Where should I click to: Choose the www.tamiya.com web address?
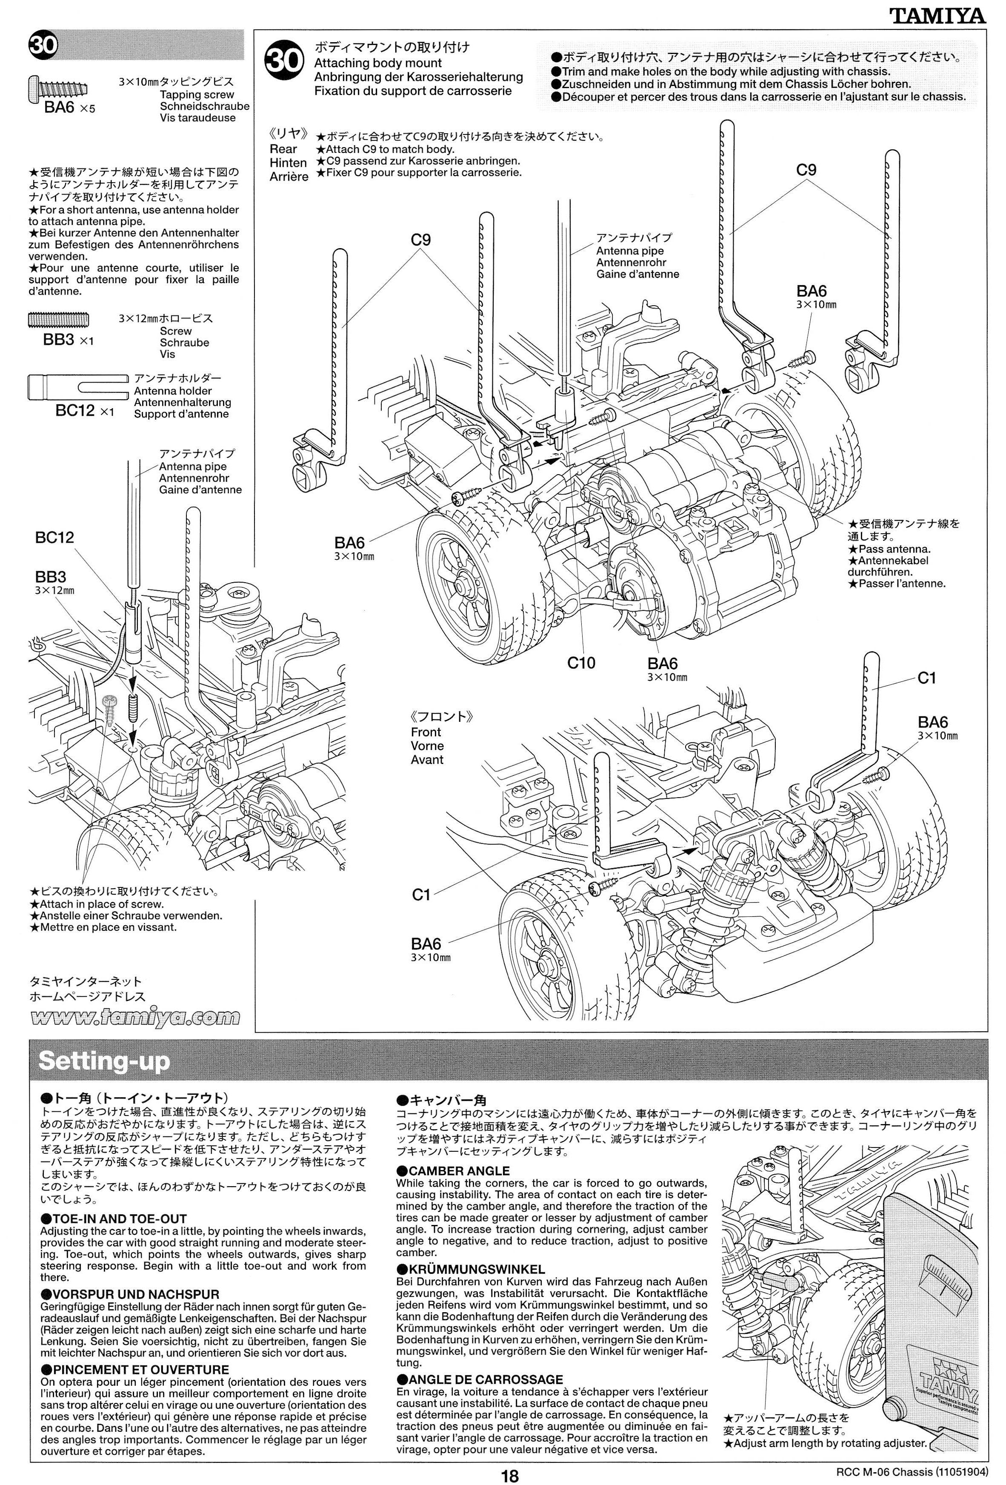pyautogui.click(x=135, y=1017)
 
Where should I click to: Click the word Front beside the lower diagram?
pyautogui.click(x=426, y=732)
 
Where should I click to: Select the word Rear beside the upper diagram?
pyautogui.click(x=283, y=149)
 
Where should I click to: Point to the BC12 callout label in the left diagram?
pyautogui.click(x=54, y=538)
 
